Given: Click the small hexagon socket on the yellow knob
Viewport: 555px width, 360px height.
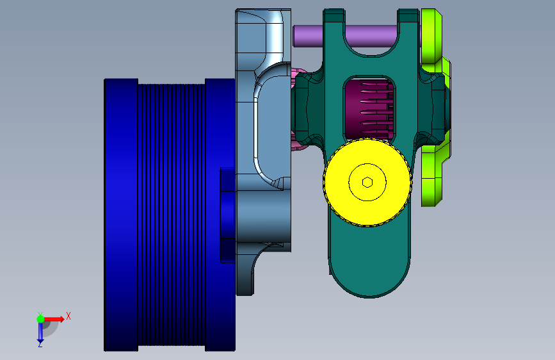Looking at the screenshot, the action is [x=367, y=183].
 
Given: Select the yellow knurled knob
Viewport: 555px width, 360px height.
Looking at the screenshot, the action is [x=367, y=183].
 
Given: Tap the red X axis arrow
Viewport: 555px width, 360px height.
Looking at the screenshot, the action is [x=54, y=319].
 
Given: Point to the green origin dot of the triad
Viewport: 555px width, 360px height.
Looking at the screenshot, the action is [x=40, y=319].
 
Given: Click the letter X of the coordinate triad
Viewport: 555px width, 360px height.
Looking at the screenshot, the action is [x=68, y=316].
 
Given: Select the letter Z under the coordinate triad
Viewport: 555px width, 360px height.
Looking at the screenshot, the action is [x=40, y=344].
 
